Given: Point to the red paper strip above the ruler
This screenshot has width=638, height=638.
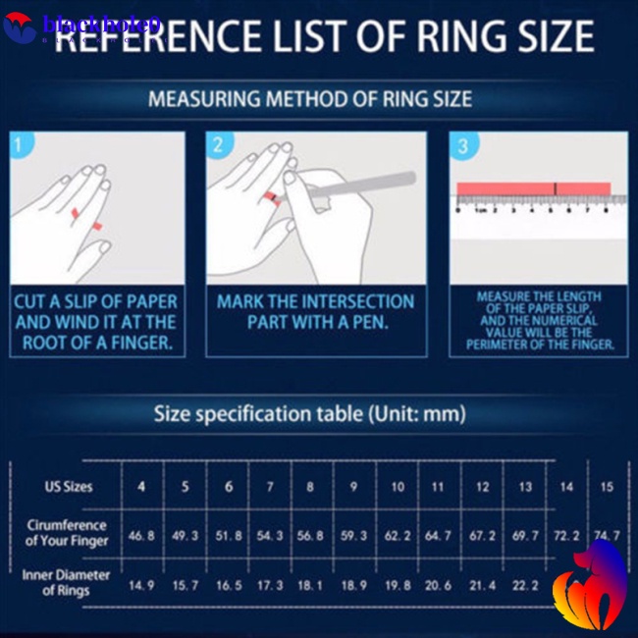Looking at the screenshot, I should (533, 188).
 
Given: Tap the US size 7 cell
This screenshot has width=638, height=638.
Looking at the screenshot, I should (269, 487).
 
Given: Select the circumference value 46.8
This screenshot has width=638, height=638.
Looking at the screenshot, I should (141, 536).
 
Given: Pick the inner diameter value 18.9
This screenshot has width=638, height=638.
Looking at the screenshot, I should (352, 585).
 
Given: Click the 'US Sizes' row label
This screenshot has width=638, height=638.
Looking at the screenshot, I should (68, 487).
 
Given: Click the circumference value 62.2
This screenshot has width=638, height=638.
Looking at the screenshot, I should (398, 536).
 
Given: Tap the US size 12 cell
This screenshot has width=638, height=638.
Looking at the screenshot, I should (482, 487).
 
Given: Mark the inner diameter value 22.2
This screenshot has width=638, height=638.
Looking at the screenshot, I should (525, 585).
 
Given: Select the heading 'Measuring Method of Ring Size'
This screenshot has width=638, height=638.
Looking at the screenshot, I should (310, 99).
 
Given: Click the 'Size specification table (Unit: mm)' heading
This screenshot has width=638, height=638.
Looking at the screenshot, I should (310, 413).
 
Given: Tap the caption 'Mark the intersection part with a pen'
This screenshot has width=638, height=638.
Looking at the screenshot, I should (315, 311).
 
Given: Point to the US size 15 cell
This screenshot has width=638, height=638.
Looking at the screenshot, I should (607, 487).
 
